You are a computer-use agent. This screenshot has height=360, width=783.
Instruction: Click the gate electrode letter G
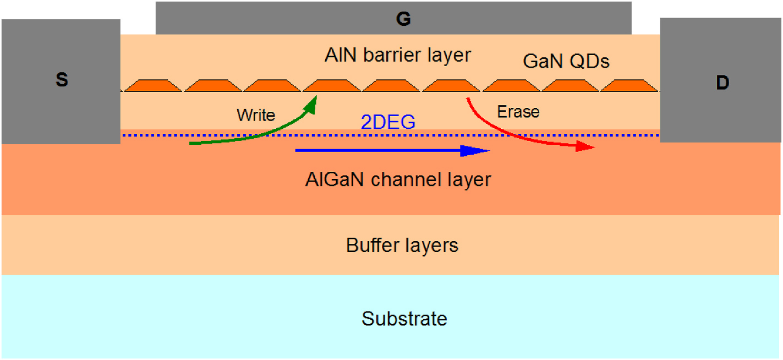pos(403,19)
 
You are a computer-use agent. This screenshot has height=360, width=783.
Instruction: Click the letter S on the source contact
pos(62,80)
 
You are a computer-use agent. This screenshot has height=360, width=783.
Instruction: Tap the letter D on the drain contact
pos(722,83)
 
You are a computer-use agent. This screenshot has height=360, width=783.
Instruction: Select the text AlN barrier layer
pos(398,55)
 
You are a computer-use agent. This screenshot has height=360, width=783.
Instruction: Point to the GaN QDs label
pos(566,61)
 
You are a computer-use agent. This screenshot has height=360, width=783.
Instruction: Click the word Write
pos(256,115)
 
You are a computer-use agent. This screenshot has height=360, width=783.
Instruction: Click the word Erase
pos(518,112)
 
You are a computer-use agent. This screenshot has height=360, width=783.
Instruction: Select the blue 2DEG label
pos(388,122)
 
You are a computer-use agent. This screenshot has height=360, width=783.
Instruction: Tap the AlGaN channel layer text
pos(398,179)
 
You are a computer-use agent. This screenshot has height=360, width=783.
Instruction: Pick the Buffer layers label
pos(402,245)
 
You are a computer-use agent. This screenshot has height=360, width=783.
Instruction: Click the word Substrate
pos(404,319)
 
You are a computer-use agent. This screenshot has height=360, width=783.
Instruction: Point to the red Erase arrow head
pos(586,147)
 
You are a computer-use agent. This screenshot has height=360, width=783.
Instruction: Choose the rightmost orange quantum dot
pos(629,85)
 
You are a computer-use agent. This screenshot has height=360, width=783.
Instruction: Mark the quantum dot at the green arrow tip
pos(332,85)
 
